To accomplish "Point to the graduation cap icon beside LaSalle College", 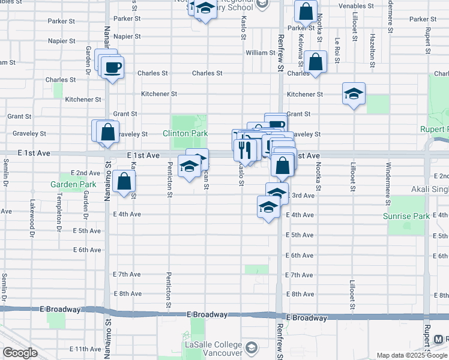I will pos(251,347).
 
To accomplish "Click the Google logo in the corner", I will pos(20,353).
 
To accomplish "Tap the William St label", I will pos(260,53).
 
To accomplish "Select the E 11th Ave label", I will pos(85,349).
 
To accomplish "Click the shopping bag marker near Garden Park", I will pos(124,181).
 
